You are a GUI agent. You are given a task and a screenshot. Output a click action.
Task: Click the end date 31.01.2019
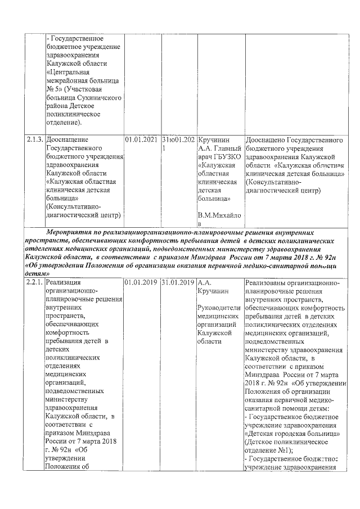[178, 282]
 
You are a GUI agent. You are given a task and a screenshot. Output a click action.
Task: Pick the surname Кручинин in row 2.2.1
[213, 290]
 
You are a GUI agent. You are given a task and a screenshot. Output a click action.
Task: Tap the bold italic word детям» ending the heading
[37, 272]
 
